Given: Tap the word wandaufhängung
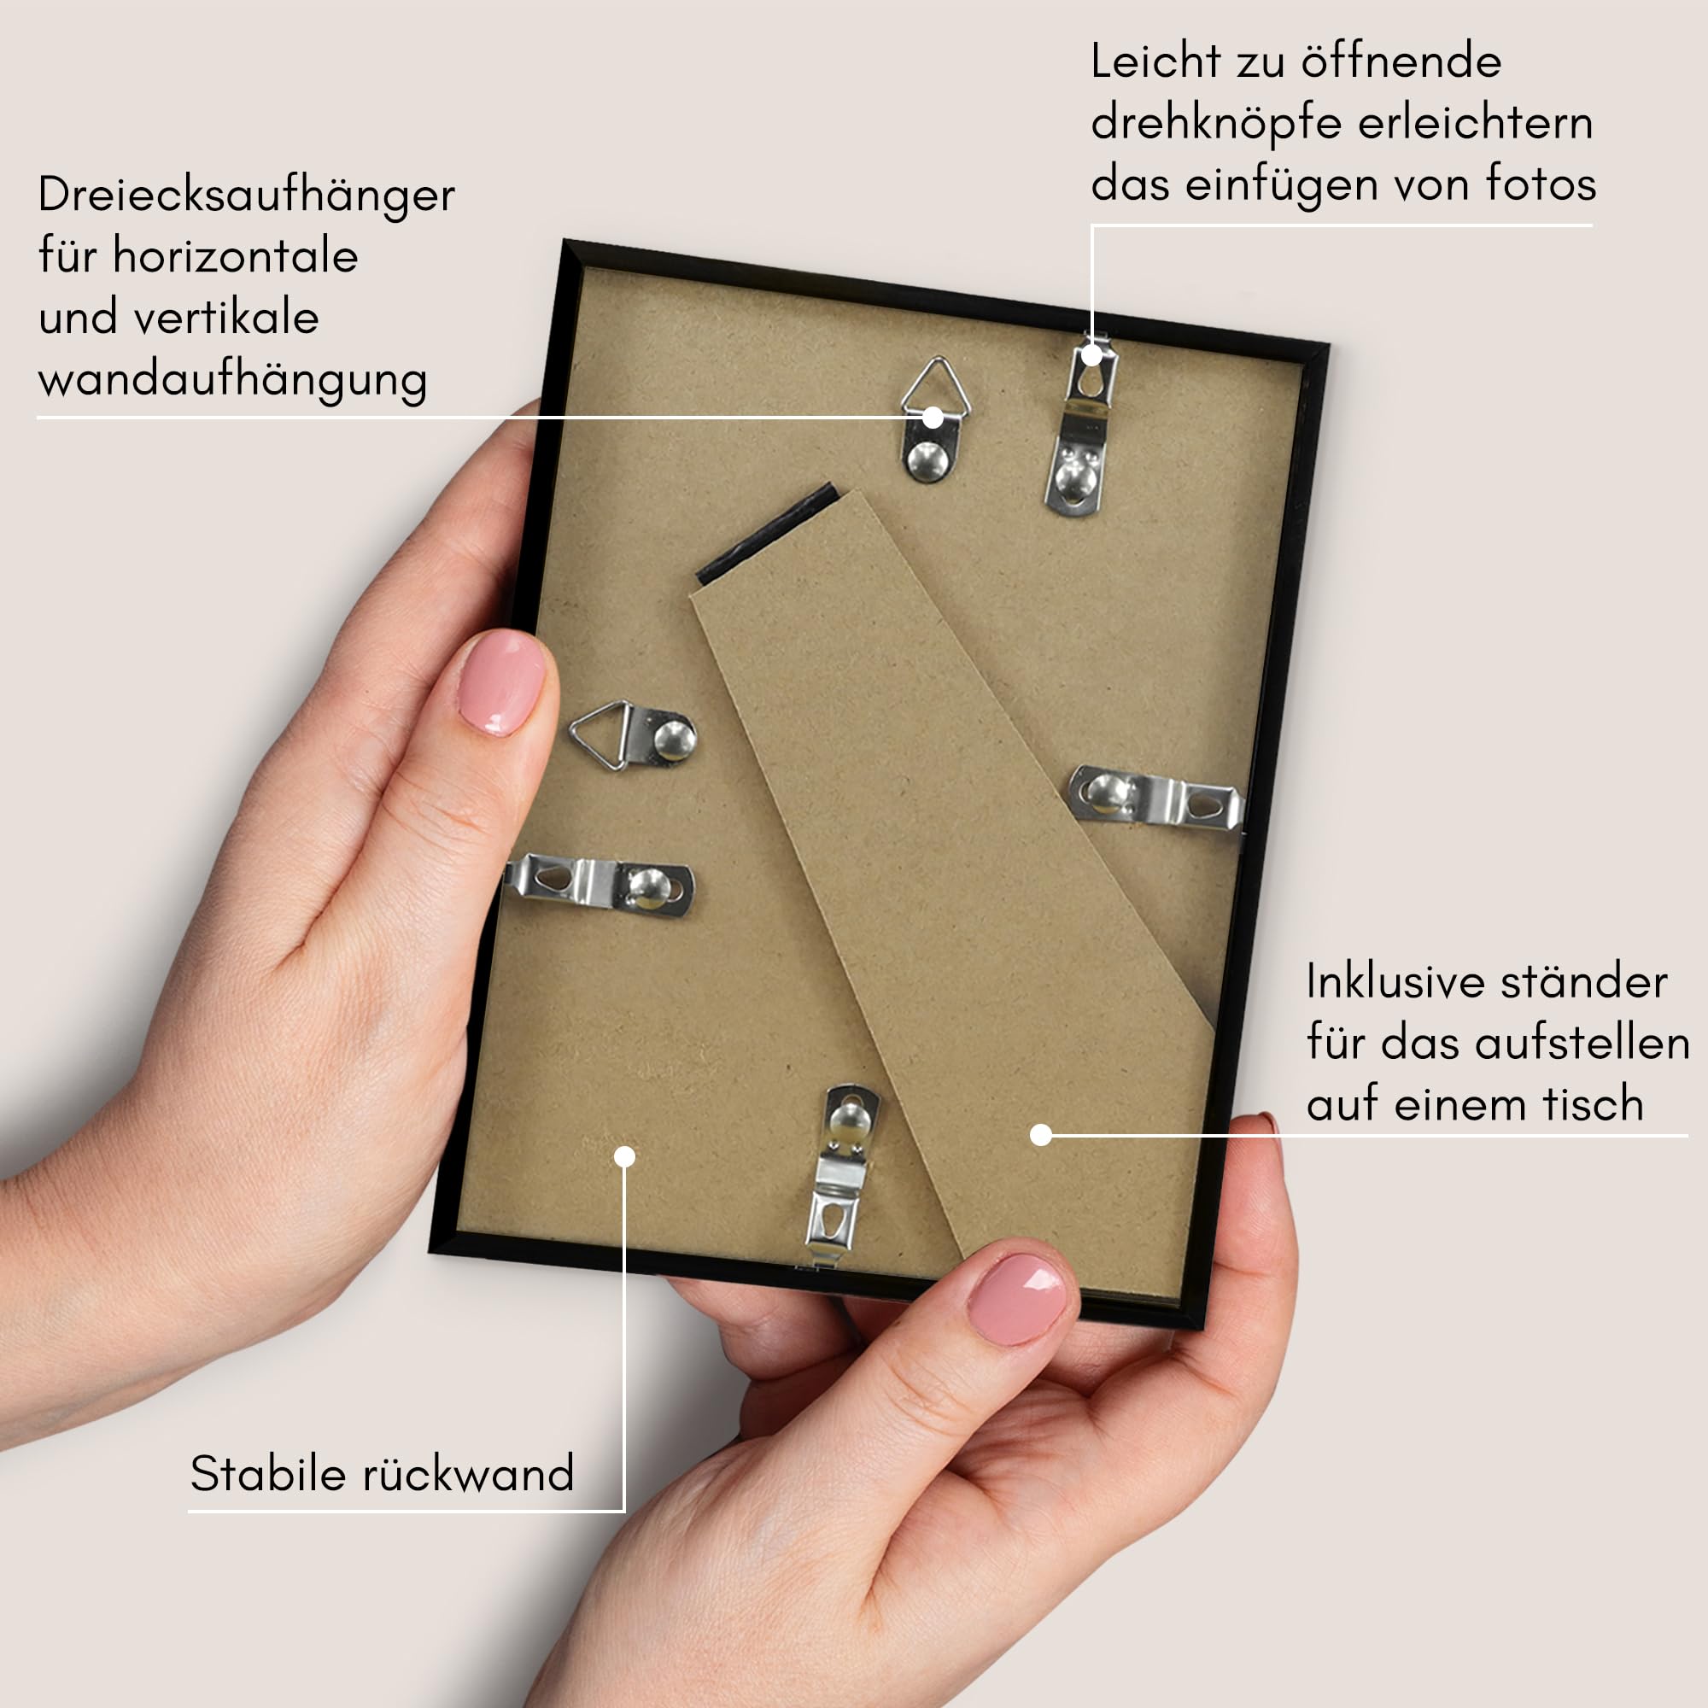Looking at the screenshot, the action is click(233, 382).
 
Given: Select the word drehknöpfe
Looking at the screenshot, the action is click(1216, 124).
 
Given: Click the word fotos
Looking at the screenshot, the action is click(1541, 184).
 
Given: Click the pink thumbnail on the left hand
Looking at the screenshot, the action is click(501, 681).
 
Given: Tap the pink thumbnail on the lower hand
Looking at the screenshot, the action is click(1018, 1299).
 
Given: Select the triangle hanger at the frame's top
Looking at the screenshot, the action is click(933, 419).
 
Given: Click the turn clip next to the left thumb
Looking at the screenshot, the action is click(600, 884).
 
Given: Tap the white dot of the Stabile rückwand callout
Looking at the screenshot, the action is click(625, 1156).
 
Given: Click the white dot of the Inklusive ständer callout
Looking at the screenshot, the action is click(1040, 1135).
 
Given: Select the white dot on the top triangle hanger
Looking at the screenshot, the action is click(933, 418).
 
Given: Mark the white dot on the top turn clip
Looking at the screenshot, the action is click(1091, 355).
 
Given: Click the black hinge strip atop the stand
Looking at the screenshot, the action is click(768, 533).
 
